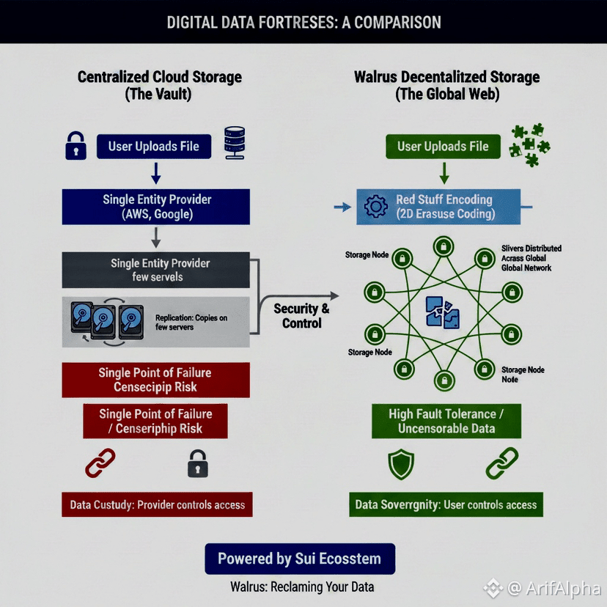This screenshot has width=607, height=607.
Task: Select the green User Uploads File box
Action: pos(443,146)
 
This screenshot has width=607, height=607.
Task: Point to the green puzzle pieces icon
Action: pos(529,144)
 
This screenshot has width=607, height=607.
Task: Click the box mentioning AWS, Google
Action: pos(155,206)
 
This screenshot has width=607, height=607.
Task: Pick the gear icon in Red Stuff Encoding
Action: pos(375,207)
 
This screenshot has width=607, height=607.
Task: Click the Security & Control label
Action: pos(301,315)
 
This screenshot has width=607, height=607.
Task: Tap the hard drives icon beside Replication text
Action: pos(107,321)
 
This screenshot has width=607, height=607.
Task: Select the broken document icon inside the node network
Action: pos(443,311)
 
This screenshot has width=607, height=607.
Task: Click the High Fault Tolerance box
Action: pos(446,421)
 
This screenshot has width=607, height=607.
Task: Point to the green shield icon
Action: pos(401,464)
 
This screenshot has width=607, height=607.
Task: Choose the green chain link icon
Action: pos(502,463)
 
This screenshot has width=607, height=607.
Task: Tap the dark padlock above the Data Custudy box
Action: pos(197,464)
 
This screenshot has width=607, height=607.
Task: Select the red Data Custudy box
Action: pos(157,504)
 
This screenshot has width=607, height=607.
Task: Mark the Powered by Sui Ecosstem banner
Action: pos(299,559)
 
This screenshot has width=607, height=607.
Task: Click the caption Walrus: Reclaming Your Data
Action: pos(302,586)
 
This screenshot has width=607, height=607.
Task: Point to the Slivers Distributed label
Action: pos(531,258)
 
